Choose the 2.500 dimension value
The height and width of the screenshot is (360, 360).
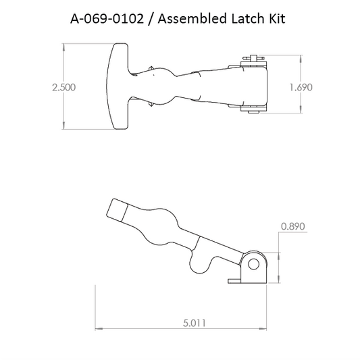click(63, 87)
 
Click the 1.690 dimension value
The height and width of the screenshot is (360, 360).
click(300, 87)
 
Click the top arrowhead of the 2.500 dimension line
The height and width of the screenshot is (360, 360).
click(63, 45)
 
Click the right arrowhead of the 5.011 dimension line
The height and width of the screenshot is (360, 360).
click(263, 329)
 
